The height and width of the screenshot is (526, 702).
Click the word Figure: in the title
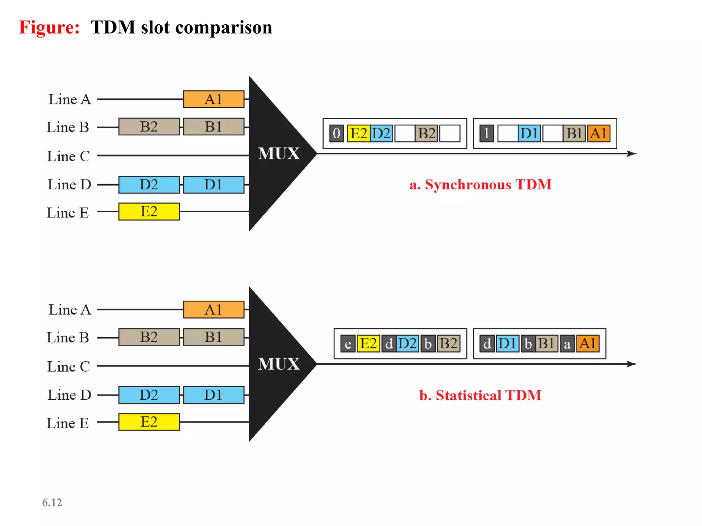pos(49,27)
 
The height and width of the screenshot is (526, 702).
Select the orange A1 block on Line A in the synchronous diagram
pos(214,99)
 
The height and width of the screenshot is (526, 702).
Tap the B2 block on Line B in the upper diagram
pos(149,127)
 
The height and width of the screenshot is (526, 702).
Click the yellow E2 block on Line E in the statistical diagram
pos(149,422)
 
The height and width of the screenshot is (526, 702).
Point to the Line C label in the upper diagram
pos(69,156)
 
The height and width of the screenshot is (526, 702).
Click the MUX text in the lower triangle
pos(279,364)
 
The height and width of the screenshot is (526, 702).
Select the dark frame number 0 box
pos(336,133)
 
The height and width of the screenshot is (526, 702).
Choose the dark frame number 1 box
pos(486,133)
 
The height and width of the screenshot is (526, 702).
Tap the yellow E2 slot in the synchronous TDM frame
pos(359,133)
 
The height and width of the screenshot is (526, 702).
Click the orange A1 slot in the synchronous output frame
pos(598,133)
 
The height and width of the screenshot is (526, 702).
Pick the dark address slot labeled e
pos(348,344)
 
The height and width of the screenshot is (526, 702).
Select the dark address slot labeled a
pos(567,344)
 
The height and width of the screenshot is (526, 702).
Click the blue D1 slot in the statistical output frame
pos(507,343)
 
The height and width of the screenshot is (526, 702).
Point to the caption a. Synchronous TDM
pos(481,185)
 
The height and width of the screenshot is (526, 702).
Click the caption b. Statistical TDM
pos(480,395)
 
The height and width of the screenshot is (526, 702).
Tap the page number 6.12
pos(52,502)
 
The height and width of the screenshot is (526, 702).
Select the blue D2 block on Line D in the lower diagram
pos(149,395)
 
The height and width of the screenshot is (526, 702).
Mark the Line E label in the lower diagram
pos(68,423)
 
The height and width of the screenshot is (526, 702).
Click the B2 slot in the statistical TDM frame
pos(448,343)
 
